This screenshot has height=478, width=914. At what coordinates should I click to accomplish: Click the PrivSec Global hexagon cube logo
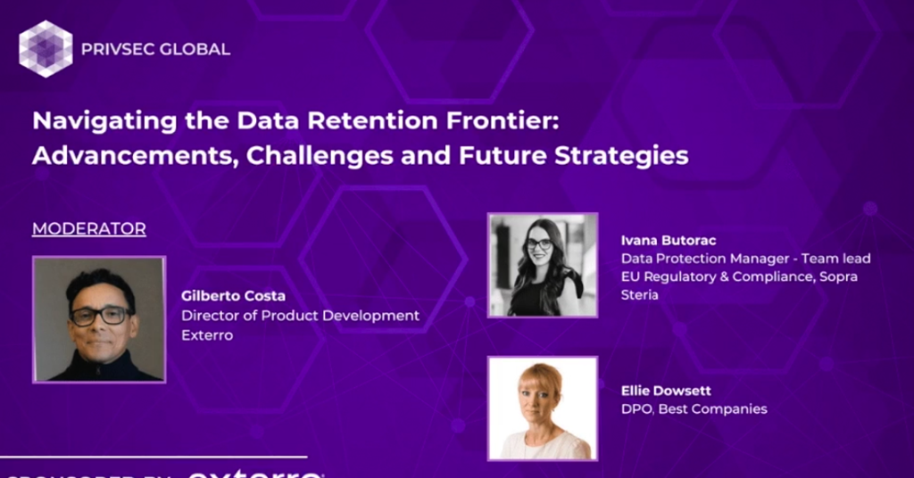click(x=46, y=48)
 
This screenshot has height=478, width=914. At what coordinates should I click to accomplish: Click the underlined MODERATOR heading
click(x=88, y=229)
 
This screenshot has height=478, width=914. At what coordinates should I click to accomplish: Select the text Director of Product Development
click(x=300, y=316)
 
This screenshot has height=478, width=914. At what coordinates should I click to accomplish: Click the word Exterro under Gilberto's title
click(x=207, y=335)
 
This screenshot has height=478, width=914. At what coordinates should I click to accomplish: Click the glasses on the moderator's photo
click(x=100, y=315)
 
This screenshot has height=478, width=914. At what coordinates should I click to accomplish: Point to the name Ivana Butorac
click(x=669, y=240)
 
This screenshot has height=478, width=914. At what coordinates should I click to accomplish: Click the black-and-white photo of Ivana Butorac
click(x=542, y=265)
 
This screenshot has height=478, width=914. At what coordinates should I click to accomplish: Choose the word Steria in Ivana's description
click(x=640, y=295)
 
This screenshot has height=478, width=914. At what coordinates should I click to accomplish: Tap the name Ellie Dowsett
click(x=667, y=391)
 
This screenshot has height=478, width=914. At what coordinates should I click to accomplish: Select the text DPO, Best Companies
click(x=694, y=409)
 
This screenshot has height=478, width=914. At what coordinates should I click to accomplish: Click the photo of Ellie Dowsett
click(x=542, y=408)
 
